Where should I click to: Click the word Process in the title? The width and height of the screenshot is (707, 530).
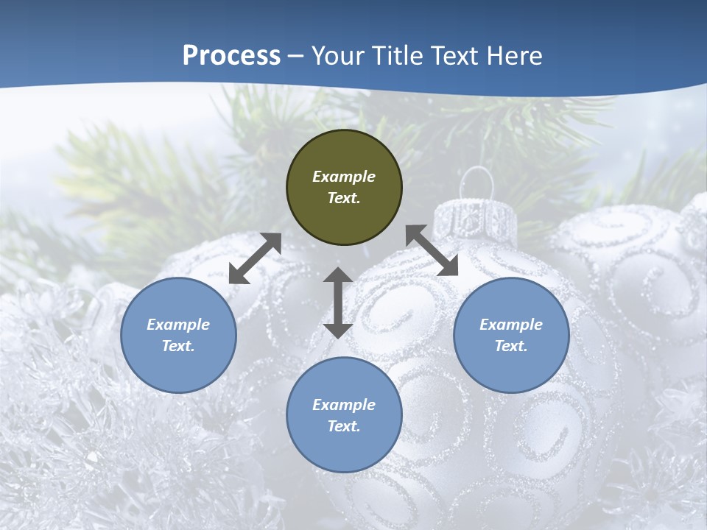(x=231, y=56)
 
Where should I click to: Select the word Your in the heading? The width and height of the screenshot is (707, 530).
(x=336, y=56)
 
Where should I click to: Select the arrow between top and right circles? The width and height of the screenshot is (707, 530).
(x=432, y=250)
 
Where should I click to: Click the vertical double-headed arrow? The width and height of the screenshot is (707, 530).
(x=338, y=303)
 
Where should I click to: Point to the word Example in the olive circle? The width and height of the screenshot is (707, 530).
(x=344, y=177)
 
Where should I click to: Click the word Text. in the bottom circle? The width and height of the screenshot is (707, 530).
(x=344, y=426)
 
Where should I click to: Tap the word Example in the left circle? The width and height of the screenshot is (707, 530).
(x=178, y=325)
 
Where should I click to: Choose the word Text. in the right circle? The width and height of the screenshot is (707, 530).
(x=511, y=346)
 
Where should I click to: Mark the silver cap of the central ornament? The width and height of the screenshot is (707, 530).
(x=475, y=219)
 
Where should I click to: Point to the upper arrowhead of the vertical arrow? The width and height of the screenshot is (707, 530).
(x=338, y=277)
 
